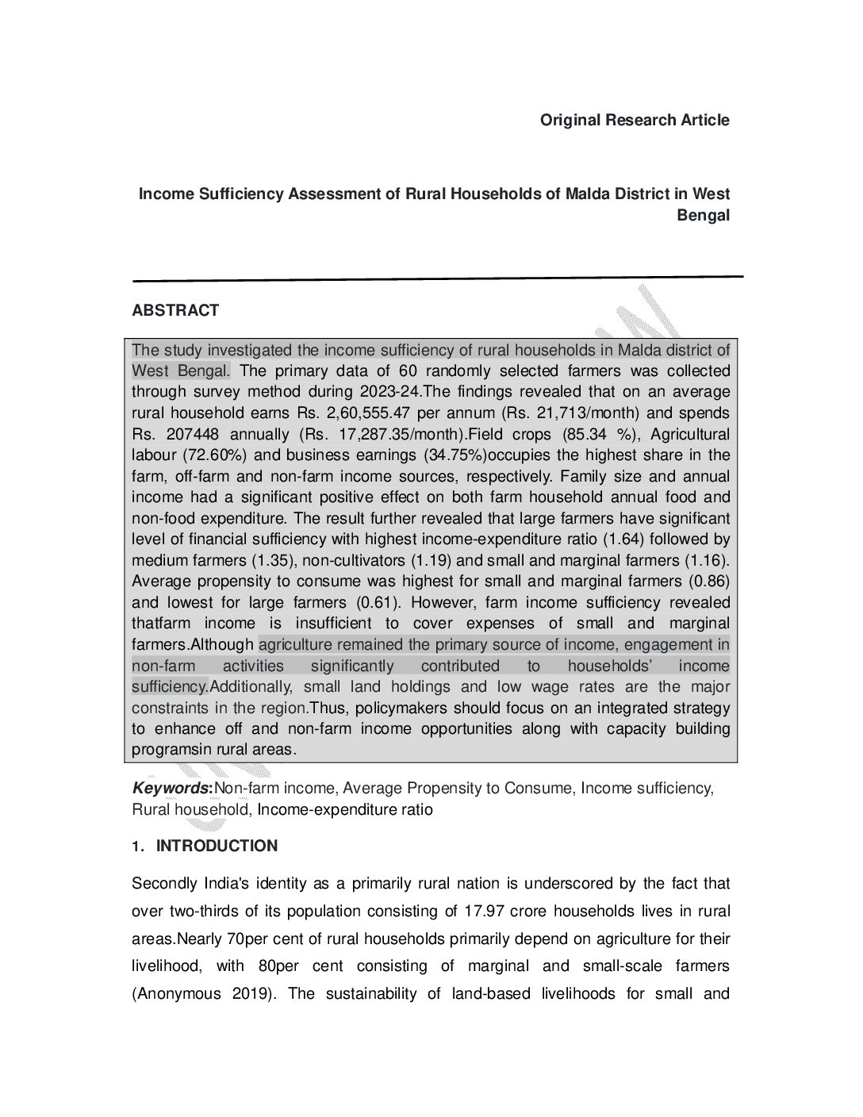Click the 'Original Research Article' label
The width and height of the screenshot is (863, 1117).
click(x=635, y=121)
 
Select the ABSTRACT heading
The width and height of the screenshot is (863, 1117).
click(x=175, y=311)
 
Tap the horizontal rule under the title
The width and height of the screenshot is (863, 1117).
click(x=437, y=278)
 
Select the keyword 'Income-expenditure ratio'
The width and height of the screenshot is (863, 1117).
click(x=345, y=810)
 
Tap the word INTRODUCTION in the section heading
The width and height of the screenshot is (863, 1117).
click(x=217, y=846)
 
